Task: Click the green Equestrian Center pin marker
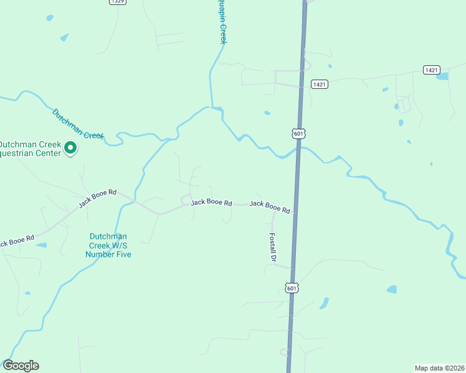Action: (70, 148)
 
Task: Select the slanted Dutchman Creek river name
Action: (77, 124)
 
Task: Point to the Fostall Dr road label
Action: (272, 247)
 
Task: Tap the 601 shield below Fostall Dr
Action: (292, 287)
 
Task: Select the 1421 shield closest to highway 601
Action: (320, 84)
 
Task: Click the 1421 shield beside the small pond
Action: (431, 70)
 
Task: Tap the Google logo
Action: (21, 366)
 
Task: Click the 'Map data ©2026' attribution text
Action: (439, 367)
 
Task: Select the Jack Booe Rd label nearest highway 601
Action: (270, 207)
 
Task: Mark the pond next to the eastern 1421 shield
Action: (442, 76)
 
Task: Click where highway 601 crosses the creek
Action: (298, 148)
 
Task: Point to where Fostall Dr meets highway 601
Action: (292, 268)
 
